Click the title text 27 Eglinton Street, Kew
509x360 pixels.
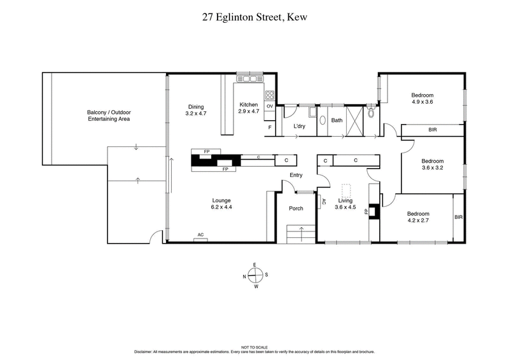[x=254, y=18]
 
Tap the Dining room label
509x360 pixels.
[x=196, y=107]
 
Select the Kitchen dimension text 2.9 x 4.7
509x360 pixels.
[x=249, y=111]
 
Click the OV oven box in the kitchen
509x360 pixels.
[x=270, y=106]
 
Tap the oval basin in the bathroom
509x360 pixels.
[x=322, y=120]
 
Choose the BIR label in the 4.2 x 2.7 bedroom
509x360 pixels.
[x=459, y=217]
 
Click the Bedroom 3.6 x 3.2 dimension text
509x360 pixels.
[x=433, y=169]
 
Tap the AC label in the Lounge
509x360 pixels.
[x=200, y=235]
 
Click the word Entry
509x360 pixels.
[x=296, y=176]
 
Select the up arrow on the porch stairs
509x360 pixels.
[x=302, y=230]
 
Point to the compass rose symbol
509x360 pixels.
[x=254, y=275]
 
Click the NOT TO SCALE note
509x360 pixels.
[x=254, y=347]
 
